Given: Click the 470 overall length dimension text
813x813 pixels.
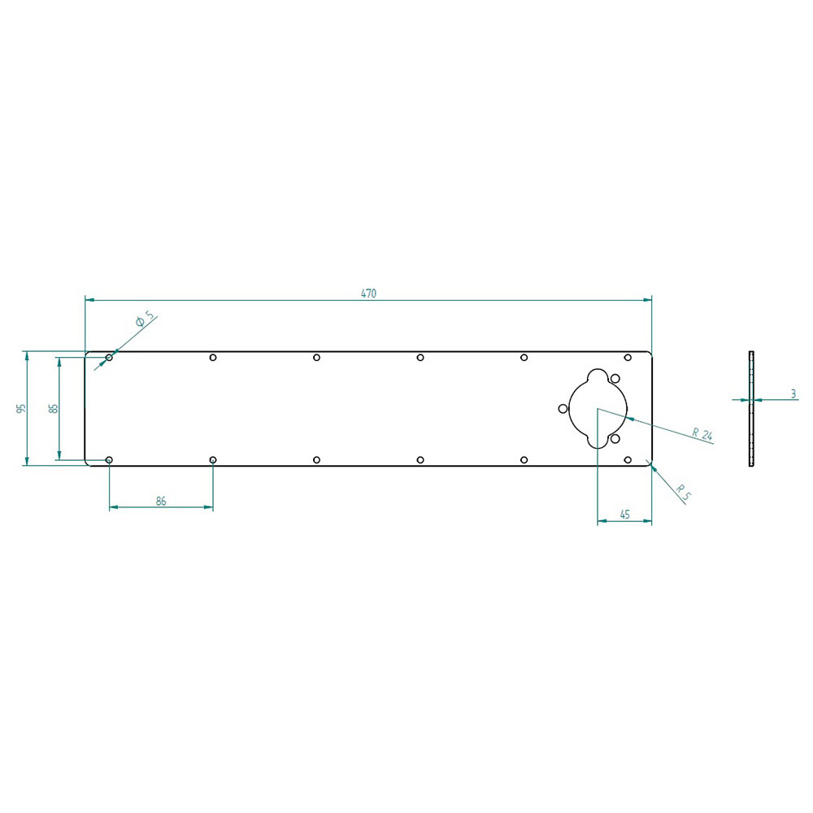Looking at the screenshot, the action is [368, 293].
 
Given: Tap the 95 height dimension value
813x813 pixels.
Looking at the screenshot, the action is [21, 409].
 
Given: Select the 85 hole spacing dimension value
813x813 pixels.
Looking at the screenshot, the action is [54, 409].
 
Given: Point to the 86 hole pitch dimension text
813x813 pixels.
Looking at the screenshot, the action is [161, 502].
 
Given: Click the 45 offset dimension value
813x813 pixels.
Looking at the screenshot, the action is [624, 515].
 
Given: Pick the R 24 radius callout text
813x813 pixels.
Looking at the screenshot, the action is [703, 434].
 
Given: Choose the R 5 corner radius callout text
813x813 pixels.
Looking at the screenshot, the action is [684, 493].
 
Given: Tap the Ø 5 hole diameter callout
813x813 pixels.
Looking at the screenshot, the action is [145, 319].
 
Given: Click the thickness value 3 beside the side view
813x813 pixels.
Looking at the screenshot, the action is [793, 394].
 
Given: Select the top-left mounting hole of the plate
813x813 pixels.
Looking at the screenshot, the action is [109, 357].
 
